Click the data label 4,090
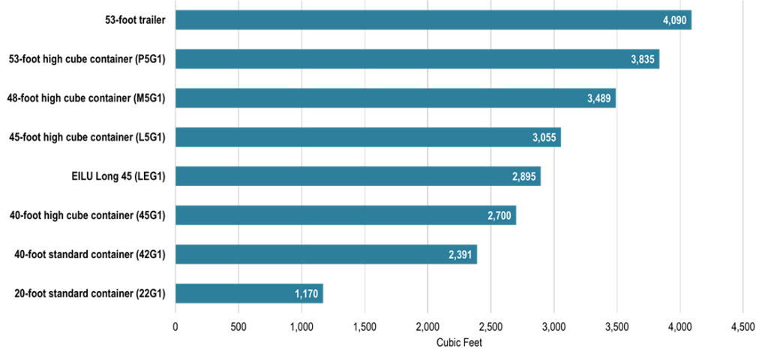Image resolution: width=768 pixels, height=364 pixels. [x=675, y=20]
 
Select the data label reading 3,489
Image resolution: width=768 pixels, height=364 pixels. [x=600, y=98]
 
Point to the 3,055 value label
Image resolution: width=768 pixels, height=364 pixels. [x=545, y=138]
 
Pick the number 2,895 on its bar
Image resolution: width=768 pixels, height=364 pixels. [x=525, y=177]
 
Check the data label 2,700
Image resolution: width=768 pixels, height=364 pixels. [x=500, y=216]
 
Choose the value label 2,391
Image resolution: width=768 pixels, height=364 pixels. [x=461, y=255]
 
